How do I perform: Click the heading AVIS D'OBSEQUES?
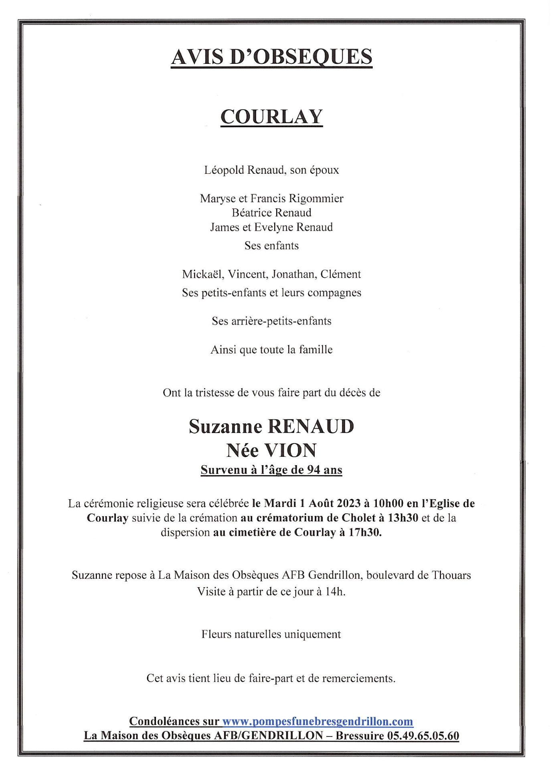[271, 57]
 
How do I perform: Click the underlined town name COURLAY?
[271, 117]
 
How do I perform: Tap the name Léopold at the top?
[224, 170]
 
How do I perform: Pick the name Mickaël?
[203, 275]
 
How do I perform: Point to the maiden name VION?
[291, 451]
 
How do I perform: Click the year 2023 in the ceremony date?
[349, 504]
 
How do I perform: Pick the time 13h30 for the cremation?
[403, 518]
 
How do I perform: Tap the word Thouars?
[451, 576]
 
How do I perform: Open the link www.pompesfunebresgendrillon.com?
[317, 722]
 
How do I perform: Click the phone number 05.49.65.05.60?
[423, 736]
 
